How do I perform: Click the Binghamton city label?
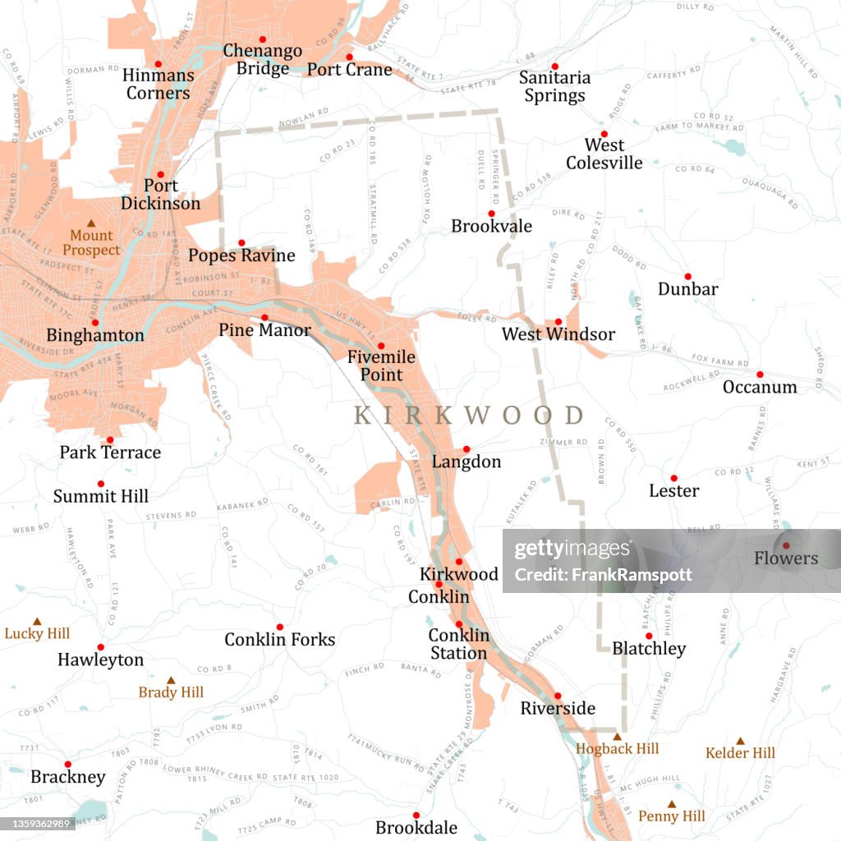95,335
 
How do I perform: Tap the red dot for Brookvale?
491,214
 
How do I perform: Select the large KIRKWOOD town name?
468,416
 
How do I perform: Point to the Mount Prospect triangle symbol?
91,223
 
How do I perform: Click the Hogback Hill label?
617,749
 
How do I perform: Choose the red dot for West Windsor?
558,322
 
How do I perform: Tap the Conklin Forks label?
279,639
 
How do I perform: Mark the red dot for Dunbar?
687,277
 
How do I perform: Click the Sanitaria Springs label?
554,86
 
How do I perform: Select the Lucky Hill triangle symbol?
37,622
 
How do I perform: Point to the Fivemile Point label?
375,366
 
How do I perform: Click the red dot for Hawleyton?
100,647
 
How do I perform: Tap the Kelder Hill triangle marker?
740,741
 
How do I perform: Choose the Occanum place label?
759,387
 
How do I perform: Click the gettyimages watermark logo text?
563,550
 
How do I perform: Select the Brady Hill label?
171,692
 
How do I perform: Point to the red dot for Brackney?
67,764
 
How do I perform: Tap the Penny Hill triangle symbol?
672,804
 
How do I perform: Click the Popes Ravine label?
241,255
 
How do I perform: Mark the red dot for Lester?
673,478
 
